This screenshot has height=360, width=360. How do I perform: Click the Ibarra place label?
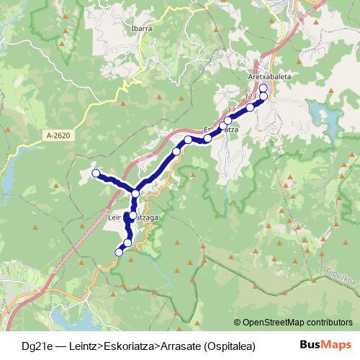143,29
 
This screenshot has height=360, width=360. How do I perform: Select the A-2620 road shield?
59,135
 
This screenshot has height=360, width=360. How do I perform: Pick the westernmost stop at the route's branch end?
96,173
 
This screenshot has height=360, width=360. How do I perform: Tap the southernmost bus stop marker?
120,251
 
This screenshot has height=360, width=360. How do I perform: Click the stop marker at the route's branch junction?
135,194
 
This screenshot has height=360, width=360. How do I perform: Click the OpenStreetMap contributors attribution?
296,323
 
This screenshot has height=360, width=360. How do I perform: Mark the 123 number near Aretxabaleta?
251,96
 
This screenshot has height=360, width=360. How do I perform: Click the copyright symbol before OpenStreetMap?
238,323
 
